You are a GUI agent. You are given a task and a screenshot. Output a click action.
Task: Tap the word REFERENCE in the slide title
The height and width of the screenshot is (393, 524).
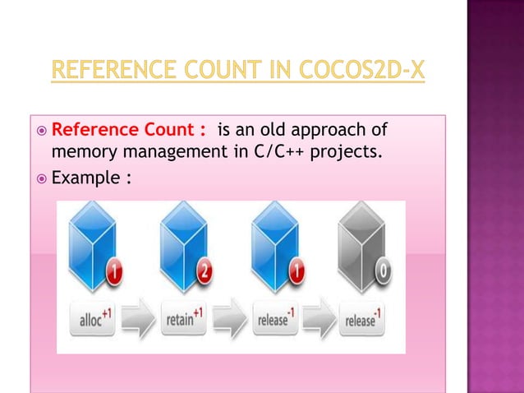tap(108, 71)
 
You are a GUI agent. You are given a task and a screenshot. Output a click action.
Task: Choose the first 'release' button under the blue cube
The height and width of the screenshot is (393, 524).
tap(272, 320)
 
